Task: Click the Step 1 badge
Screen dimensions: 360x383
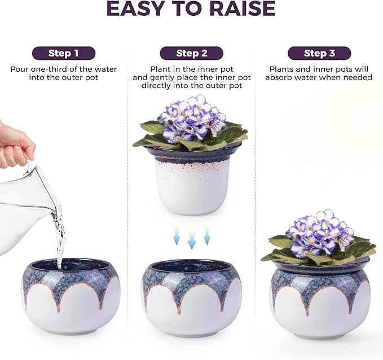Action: point(63,54)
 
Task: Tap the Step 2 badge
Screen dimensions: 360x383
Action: point(191,54)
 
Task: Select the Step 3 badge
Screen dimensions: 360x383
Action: point(319,54)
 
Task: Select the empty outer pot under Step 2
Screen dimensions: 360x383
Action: point(191,296)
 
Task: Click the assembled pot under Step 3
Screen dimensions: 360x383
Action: point(320,299)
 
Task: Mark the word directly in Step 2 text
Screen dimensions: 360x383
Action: point(159,86)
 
